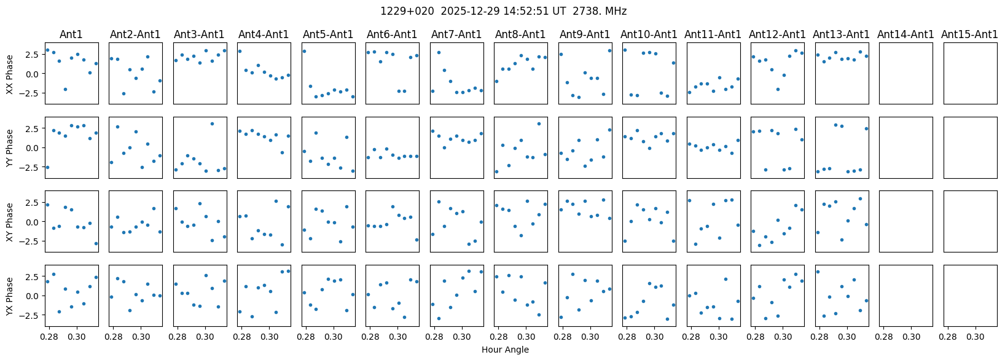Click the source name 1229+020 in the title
[x=407, y=11]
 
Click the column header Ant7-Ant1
[x=456, y=34]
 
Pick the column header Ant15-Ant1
[x=969, y=34]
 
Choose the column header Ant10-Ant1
[x=649, y=34]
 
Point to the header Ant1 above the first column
[x=71, y=34]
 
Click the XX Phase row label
[x=9, y=74]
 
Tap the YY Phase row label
[x=9, y=147]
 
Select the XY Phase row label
[x=9, y=222]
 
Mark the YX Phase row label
[x=9, y=296]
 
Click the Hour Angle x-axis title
[x=505, y=350]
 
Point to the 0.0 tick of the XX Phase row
[x=34, y=74]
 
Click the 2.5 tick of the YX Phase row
[x=34, y=276]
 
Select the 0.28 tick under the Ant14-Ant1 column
[x=883, y=336]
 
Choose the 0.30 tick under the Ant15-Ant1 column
[x=976, y=336]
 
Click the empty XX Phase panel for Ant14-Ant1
[x=906, y=73]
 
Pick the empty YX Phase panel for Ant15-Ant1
[x=971, y=296]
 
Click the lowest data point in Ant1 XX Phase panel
[x=65, y=89]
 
